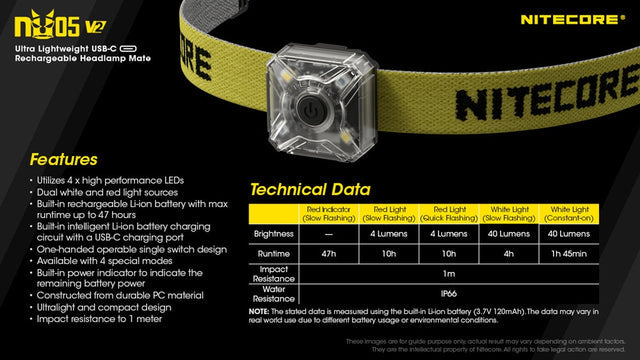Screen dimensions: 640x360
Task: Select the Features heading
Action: coord(63,159)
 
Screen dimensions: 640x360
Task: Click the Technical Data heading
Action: coord(309,189)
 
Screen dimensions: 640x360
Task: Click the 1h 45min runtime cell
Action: coord(568,255)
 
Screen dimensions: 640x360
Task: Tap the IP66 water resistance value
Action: coord(448,295)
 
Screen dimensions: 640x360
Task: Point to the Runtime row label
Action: coord(273,255)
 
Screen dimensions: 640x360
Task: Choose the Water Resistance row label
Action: coord(273,295)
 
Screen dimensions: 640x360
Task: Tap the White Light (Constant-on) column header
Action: coord(568,213)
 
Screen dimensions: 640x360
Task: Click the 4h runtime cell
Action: coord(508,255)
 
